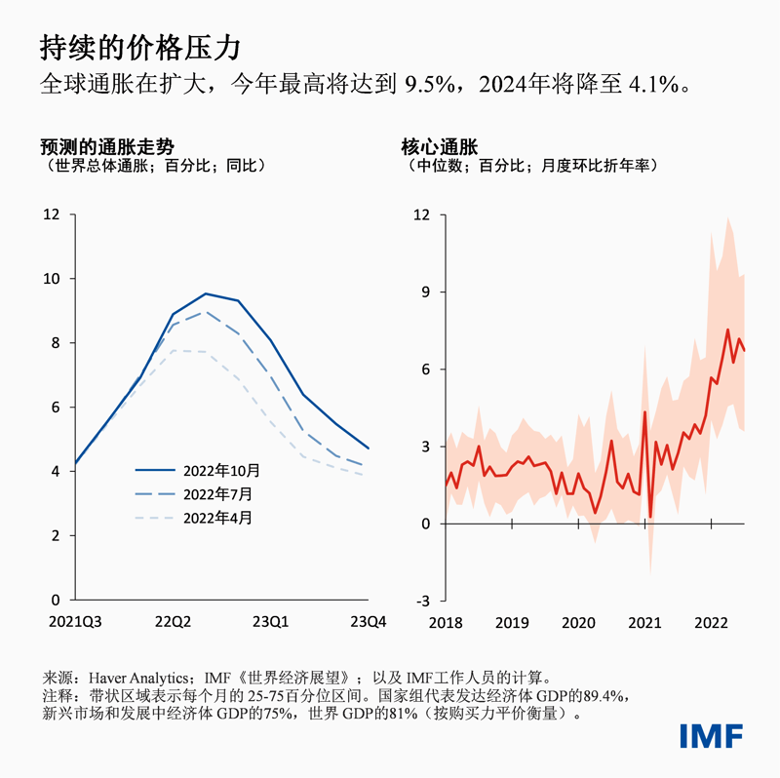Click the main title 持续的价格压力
tap(140, 47)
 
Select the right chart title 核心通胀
tap(439, 147)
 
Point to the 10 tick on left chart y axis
tap(51, 279)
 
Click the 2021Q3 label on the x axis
tap(74, 621)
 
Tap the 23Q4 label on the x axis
tap(369, 621)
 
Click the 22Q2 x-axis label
tap(173, 621)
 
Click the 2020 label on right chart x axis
tap(579, 621)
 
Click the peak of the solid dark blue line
tap(205, 293)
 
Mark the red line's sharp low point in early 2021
tap(650, 517)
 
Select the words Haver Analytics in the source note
tap(139, 676)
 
